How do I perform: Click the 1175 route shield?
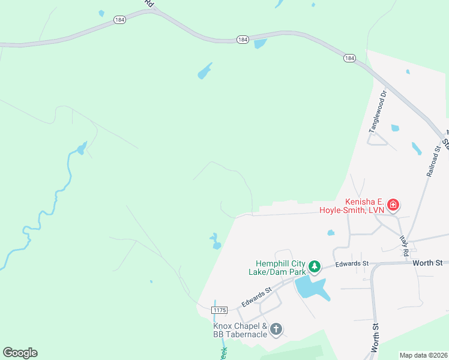(x=220, y=310)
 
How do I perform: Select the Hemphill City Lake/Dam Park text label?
(x=281, y=268)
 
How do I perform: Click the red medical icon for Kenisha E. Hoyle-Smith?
(x=393, y=206)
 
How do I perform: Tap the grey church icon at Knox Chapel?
(x=276, y=329)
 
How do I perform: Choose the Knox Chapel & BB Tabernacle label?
(x=240, y=330)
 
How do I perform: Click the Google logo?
(x=20, y=353)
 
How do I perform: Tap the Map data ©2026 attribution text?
(x=423, y=355)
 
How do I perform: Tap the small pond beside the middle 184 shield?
(x=260, y=44)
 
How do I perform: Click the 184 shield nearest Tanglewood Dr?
(x=349, y=58)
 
